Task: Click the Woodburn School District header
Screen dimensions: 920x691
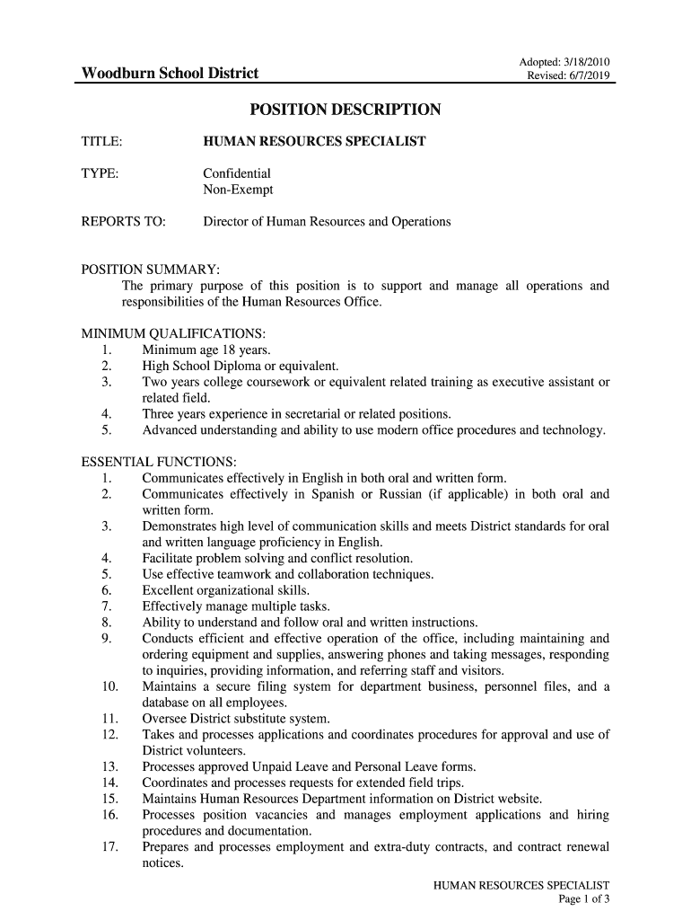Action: [x=170, y=73]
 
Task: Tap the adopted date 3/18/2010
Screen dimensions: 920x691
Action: [x=586, y=62]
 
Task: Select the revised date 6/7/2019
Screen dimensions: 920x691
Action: [x=589, y=75]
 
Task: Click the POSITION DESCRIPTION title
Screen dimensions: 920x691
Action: [x=345, y=110]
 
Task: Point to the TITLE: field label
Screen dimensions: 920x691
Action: [x=102, y=142]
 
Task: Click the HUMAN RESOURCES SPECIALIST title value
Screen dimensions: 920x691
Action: [x=314, y=142]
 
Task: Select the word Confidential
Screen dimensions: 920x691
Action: [x=237, y=172]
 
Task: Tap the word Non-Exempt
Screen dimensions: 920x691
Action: [x=238, y=190]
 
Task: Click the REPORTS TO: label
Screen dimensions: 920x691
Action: [x=124, y=221]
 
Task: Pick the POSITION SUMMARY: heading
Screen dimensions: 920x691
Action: [x=151, y=270]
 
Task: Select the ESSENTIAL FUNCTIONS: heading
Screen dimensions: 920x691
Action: [x=159, y=462]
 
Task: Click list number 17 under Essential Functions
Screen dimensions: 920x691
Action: [x=110, y=847]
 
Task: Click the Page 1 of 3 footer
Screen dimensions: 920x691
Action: [x=583, y=899]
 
